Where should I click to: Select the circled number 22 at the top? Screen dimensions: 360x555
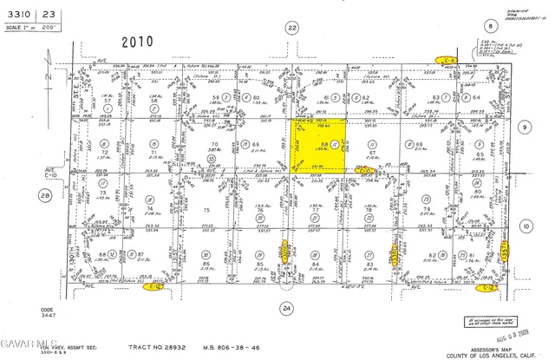pos(292,28)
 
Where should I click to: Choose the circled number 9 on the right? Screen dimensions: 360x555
pos(524,127)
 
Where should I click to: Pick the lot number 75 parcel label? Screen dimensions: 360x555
pos(206,209)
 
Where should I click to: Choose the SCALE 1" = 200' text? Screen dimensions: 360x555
pos(35,26)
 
